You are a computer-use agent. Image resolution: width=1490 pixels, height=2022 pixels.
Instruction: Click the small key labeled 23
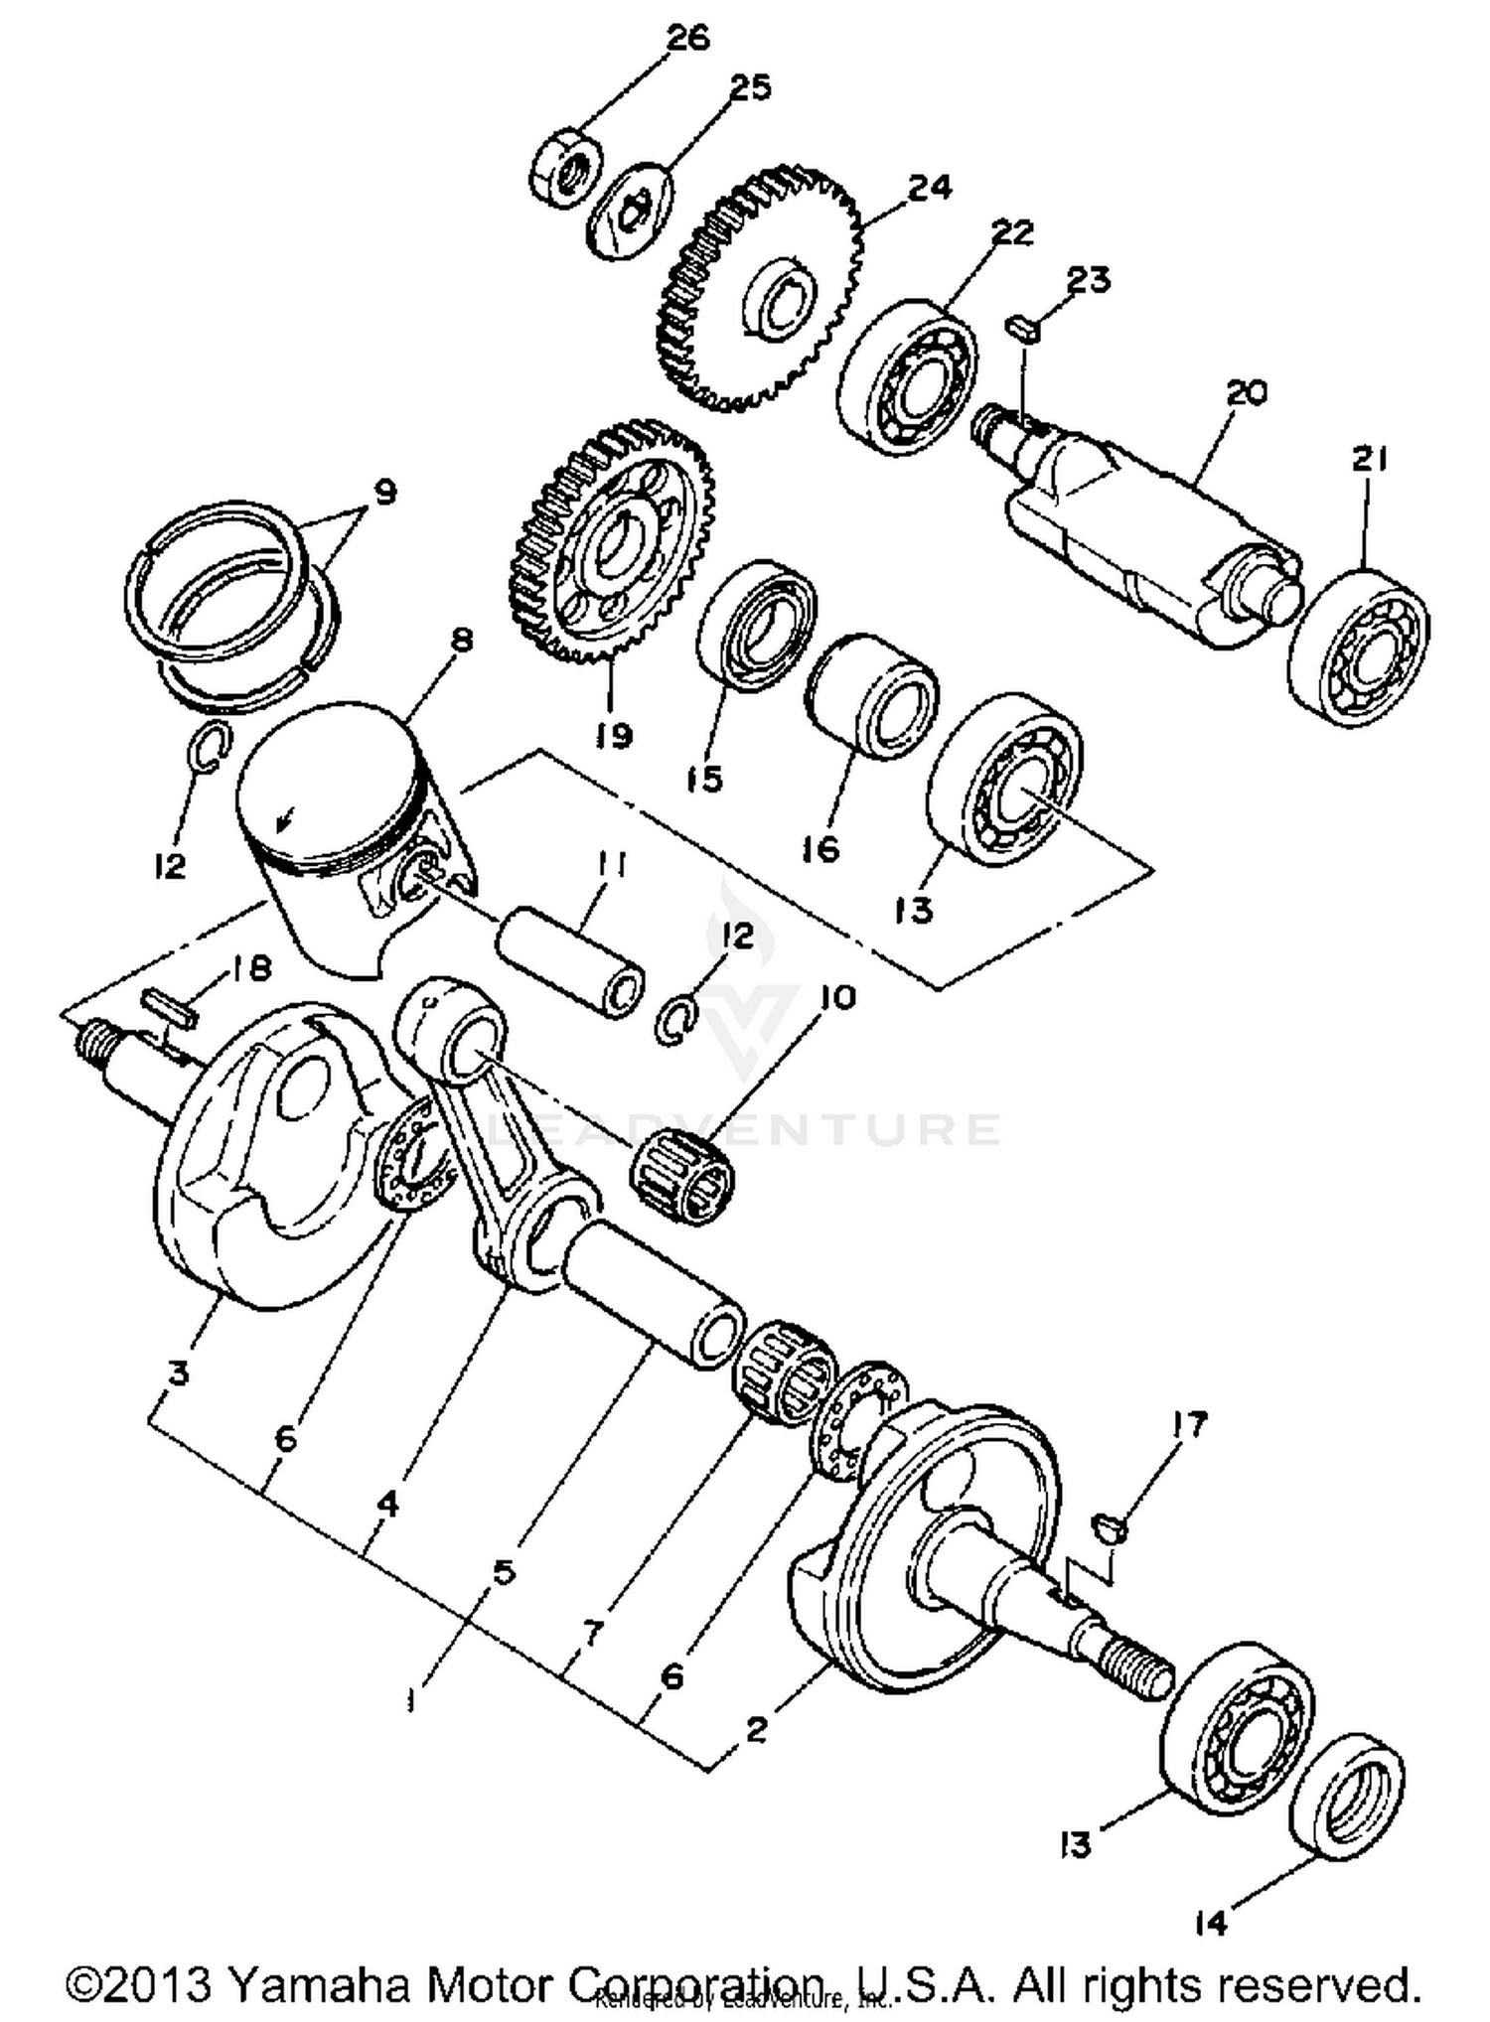coord(1023,328)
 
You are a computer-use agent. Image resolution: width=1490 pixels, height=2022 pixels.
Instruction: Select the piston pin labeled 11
coord(569,963)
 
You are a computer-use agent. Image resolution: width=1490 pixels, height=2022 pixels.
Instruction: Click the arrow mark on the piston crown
coord(285,818)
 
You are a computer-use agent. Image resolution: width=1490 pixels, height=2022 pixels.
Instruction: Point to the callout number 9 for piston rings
coord(383,492)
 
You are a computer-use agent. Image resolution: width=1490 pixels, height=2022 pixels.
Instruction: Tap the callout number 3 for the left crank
coord(179,1373)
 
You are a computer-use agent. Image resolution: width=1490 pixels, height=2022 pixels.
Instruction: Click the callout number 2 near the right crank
coord(757,1730)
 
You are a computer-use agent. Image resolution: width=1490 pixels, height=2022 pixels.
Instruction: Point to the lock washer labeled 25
coord(631,214)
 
